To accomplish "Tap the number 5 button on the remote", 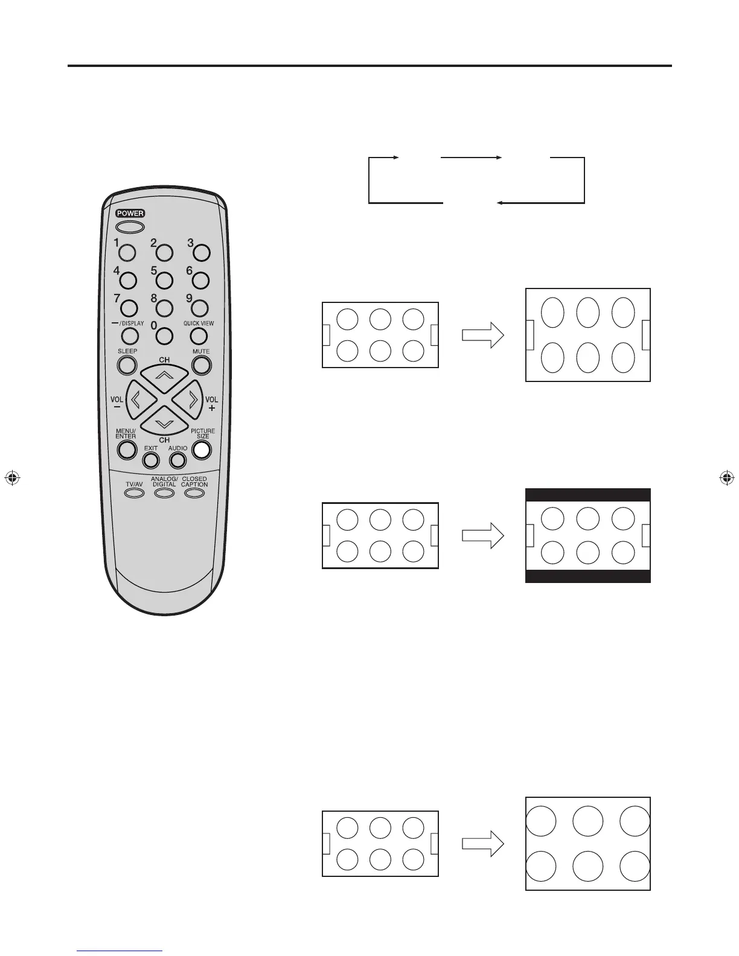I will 164,280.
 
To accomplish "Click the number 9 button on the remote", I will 200,308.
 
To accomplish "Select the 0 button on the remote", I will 164,335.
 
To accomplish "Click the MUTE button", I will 201,365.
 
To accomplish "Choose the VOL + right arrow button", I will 192,400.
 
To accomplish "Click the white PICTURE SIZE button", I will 202,450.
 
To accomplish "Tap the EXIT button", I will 151,460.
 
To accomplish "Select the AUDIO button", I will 177,460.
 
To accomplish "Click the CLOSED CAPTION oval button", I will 194,493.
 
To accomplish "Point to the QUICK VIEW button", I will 200,335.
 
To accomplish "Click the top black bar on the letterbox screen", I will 588,495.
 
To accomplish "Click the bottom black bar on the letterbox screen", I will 588,576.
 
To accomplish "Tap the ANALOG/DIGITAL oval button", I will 164,493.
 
